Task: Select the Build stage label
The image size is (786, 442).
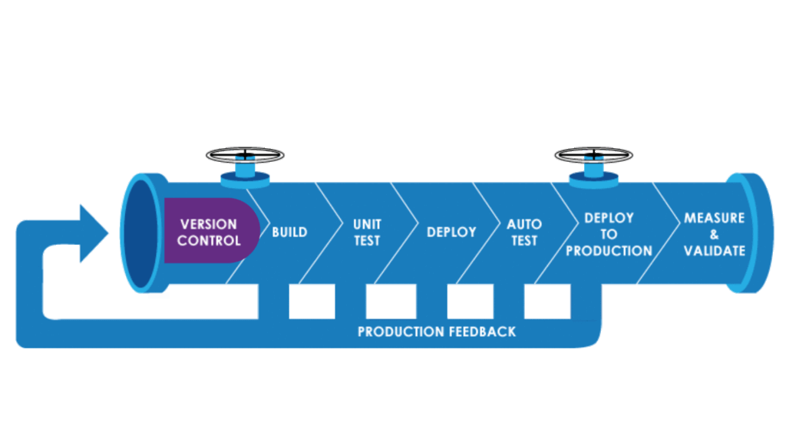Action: tap(289, 232)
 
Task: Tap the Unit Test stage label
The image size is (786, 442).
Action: tap(367, 232)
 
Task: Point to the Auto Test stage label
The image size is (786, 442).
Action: tap(524, 232)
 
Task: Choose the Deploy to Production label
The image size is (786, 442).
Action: tap(609, 234)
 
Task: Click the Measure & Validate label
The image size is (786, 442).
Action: tap(714, 234)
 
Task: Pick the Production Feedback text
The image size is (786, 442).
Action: tap(437, 331)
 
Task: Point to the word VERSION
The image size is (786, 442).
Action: tap(209, 224)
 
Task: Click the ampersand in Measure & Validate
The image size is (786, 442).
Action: tap(714, 234)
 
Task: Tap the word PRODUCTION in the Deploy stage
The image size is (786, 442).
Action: tap(609, 251)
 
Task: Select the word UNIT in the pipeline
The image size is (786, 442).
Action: tap(367, 224)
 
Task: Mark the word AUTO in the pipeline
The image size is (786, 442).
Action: tap(524, 224)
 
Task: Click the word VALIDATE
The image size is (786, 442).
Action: tap(714, 251)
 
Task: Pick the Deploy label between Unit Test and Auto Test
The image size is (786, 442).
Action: tap(451, 232)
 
